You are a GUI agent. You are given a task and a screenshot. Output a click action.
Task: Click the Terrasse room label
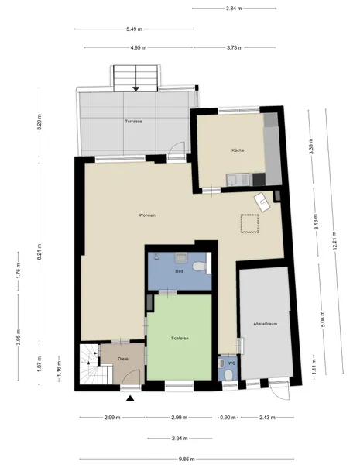coord(133,122)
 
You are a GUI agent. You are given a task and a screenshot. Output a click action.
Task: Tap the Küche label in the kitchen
coord(238,150)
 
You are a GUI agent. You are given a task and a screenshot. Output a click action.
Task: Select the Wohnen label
coord(147,215)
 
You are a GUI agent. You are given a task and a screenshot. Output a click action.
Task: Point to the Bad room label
coord(179,271)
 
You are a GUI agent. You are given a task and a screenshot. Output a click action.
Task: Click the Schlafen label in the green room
coord(180,339)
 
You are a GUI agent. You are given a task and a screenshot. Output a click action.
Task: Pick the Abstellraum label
coord(266,324)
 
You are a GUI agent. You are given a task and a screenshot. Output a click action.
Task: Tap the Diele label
coord(123,359)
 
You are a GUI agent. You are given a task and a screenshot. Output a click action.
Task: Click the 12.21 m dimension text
coord(334,240)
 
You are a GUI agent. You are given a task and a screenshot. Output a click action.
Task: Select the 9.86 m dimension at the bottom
coord(187,460)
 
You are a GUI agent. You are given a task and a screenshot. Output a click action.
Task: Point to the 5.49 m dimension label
coord(134,29)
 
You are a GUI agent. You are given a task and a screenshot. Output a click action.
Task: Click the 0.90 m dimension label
coord(228,418)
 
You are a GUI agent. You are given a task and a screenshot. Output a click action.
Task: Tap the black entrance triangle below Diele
coord(130,398)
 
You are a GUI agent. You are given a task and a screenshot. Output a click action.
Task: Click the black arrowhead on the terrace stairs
coord(136,88)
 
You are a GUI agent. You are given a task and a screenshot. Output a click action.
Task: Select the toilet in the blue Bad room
coord(199,266)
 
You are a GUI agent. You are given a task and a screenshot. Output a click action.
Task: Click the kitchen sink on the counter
coord(238,180)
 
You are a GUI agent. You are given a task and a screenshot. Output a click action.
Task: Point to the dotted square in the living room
coord(249,223)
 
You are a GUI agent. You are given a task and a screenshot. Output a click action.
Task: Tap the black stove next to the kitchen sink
coord(259,180)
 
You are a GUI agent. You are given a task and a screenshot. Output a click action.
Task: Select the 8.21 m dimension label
coord(39,252)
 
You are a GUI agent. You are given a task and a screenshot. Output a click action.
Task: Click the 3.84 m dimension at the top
coord(234,9)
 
